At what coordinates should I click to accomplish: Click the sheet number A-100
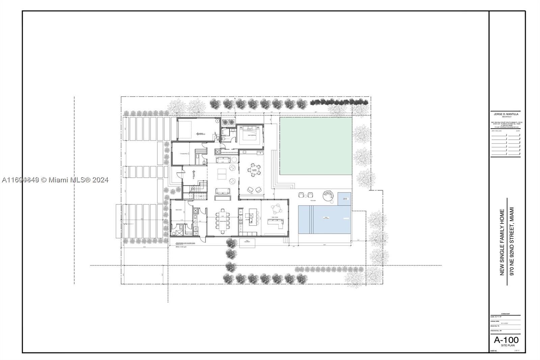506,340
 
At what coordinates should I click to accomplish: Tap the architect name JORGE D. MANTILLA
505,114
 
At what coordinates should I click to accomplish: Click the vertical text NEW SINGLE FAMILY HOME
502,242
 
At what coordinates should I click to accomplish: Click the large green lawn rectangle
316,146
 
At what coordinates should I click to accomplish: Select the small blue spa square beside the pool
344,199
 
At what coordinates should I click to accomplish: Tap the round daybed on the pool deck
328,196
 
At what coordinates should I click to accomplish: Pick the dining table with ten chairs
222,221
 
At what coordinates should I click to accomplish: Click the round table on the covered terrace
253,169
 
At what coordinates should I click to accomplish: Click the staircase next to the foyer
197,191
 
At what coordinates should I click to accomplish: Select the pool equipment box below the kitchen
245,241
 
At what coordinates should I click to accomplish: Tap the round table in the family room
276,208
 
